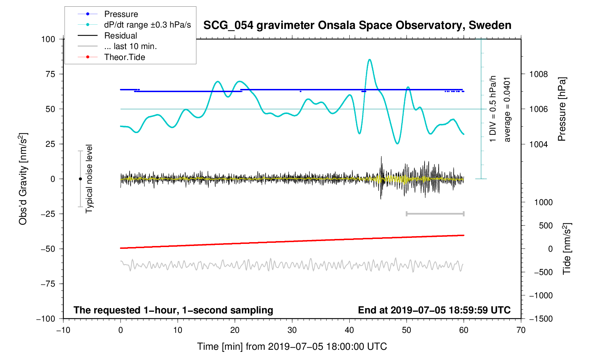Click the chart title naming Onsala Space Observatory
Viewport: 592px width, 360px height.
click(x=357, y=25)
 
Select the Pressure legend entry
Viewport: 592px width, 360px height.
click(x=121, y=14)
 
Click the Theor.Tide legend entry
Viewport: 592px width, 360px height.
click(x=124, y=57)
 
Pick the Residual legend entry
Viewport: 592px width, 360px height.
click(x=120, y=36)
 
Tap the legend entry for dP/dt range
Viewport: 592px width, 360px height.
click(x=147, y=25)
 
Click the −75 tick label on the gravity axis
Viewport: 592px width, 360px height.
click(x=48, y=284)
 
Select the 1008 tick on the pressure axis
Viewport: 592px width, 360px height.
click(x=538, y=74)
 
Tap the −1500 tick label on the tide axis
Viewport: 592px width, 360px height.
click(x=540, y=319)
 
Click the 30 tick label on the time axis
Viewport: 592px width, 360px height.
click(x=292, y=330)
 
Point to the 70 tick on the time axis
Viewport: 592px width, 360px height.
click(x=521, y=330)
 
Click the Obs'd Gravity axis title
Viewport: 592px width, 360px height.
click(x=23, y=179)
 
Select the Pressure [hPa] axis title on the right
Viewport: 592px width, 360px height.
click(x=562, y=109)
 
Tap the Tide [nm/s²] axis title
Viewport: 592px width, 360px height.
click(x=567, y=249)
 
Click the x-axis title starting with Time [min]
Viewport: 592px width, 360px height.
click(x=292, y=347)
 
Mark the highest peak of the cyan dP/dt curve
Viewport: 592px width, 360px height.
click(x=369, y=60)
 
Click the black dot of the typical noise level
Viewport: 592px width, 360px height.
click(x=80, y=179)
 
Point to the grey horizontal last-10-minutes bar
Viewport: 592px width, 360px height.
click(x=435, y=214)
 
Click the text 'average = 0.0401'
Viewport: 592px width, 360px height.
click(x=507, y=109)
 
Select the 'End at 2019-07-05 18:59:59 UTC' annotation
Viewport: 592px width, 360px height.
click(x=434, y=310)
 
